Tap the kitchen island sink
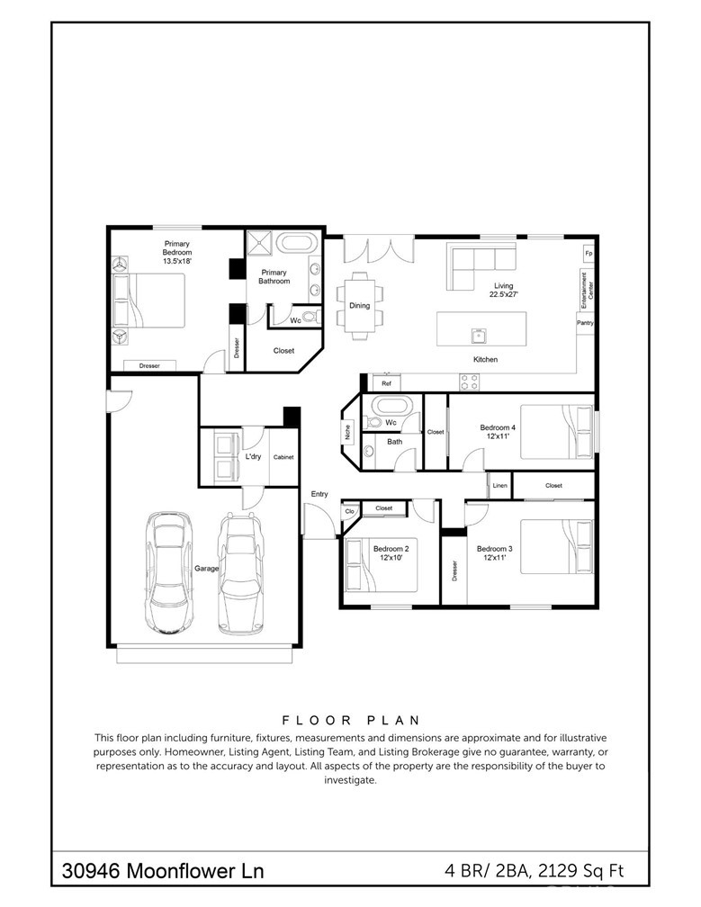click(x=479, y=335)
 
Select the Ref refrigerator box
click(x=386, y=383)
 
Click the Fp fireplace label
click(x=589, y=254)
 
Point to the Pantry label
click(x=585, y=323)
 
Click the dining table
click(x=359, y=305)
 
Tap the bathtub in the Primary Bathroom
click(x=296, y=242)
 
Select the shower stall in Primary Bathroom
click(x=259, y=242)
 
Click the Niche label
click(x=347, y=432)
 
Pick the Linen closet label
click(x=499, y=485)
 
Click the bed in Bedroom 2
click(x=382, y=565)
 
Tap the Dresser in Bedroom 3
click(x=454, y=570)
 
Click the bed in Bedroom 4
click(x=557, y=432)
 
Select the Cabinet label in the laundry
click(x=283, y=457)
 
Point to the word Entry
click(x=319, y=494)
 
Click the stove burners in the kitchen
click(x=469, y=382)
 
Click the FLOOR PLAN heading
click(x=351, y=720)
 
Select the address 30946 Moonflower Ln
click(x=163, y=871)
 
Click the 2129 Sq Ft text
click(x=580, y=871)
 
